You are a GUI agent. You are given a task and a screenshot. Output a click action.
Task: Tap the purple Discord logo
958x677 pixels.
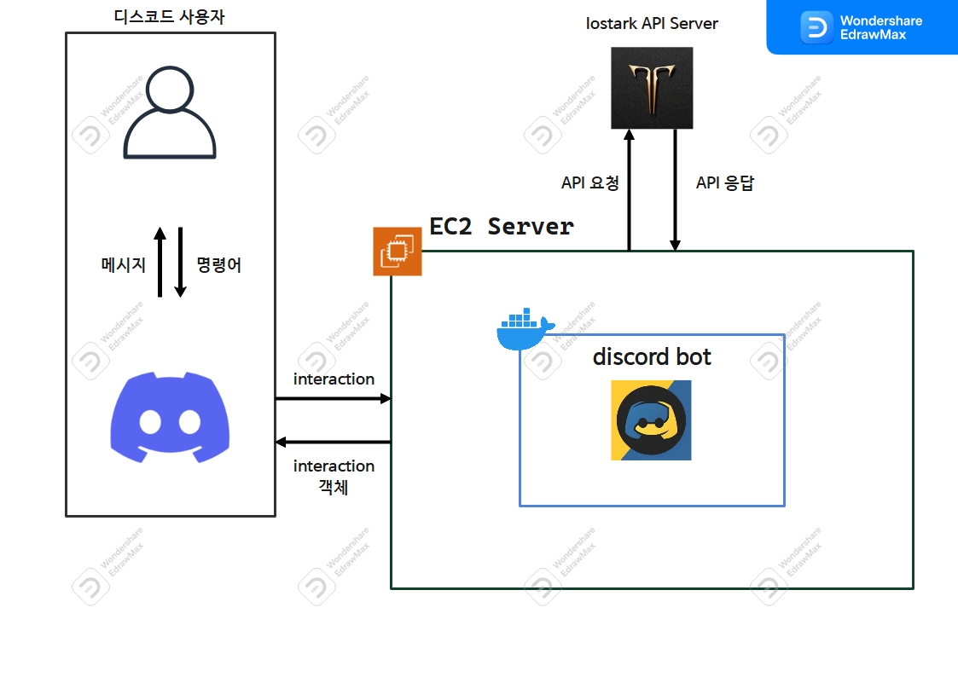170,417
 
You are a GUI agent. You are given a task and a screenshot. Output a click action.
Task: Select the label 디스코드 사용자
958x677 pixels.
169,16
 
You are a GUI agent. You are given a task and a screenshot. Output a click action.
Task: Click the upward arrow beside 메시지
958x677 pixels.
160,262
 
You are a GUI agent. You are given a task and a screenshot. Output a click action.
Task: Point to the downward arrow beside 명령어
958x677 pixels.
180,262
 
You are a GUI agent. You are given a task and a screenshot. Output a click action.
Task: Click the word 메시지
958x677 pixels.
124,265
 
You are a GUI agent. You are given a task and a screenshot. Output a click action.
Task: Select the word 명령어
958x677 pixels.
219,265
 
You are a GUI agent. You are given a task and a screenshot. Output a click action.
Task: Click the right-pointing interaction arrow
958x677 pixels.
333,398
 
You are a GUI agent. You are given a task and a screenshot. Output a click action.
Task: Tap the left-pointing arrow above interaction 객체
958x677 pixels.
333,442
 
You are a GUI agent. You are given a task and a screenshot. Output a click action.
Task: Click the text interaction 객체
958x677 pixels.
334,477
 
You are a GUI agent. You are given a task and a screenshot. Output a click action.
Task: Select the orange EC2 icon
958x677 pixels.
398,252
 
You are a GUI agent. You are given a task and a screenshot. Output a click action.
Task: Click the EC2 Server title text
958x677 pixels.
501,227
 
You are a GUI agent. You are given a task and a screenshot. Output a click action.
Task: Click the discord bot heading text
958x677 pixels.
652,356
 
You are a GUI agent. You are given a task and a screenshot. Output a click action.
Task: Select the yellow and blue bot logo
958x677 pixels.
651,420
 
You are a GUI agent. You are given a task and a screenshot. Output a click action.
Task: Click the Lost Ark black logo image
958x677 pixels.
652,88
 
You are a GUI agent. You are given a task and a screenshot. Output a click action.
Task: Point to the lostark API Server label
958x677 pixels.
652,24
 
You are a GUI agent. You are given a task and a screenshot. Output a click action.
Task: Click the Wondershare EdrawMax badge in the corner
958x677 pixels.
862,26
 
